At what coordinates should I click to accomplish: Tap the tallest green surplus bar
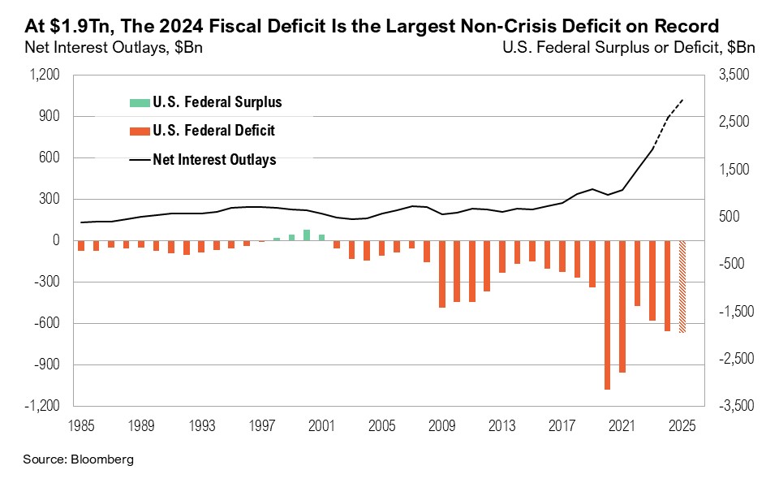pyautogui.click(x=307, y=235)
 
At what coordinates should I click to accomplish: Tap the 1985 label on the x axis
pyautogui.click(x=81, y=424)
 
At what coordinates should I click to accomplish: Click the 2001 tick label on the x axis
pyautogui.click(x=321, y=424)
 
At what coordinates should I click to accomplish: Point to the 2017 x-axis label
pyautogui.click(x=562, y=424)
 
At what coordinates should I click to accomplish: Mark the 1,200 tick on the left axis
pyautogui.click(x=45, y=75)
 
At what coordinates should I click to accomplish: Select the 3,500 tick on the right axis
pyautogui.click(x=730, y=75)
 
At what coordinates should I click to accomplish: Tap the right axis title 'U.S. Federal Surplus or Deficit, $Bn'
pyautogui.click(x=629, y=46)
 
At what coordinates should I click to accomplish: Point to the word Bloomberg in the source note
pyautogui.click(x=100, y=459)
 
